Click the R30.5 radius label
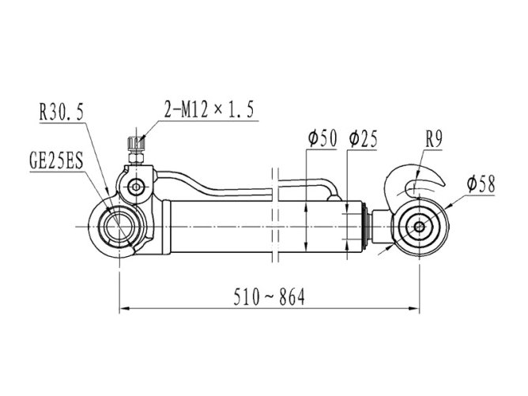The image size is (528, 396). point(62,112)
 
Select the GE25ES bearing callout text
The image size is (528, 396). point(56,161)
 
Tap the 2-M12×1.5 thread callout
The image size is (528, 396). point(209,109)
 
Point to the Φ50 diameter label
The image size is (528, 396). point(322,138)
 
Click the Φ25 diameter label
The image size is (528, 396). point(364,138)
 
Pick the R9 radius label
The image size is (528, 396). point(434,138)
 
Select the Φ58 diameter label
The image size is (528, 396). point(481,184)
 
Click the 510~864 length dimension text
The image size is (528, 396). point(269,297)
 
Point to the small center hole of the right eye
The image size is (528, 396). point(419,227)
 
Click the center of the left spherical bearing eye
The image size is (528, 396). point(119,227)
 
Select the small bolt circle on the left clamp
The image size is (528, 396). point(136,187)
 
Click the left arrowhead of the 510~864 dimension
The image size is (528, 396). point(125,307)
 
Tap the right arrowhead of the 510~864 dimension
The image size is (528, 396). point(414,307)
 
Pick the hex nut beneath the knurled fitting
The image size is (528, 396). point(136,158)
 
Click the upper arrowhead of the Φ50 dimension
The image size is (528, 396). point(306,207)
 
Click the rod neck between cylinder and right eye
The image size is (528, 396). point(382,225)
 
